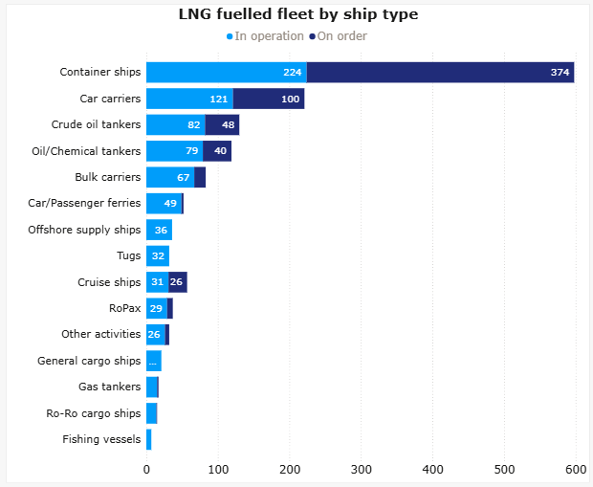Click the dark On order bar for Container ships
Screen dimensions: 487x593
440,73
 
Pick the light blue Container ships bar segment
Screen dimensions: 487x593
226,73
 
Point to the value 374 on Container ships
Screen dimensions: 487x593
560,73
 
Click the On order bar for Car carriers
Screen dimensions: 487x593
269,99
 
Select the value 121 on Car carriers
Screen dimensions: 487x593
219,99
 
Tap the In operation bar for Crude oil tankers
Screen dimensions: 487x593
176,125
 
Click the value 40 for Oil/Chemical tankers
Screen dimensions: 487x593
220,151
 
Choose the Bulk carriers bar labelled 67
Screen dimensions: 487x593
170,177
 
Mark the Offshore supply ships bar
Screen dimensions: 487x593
159,230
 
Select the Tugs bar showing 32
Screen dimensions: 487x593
158,255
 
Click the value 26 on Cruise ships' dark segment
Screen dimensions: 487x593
177,282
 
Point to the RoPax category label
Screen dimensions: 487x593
125,308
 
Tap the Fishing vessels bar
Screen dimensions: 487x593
149,439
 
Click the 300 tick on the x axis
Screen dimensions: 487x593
362,469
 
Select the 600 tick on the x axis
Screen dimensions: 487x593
575,469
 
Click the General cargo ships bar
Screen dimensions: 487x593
154,361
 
